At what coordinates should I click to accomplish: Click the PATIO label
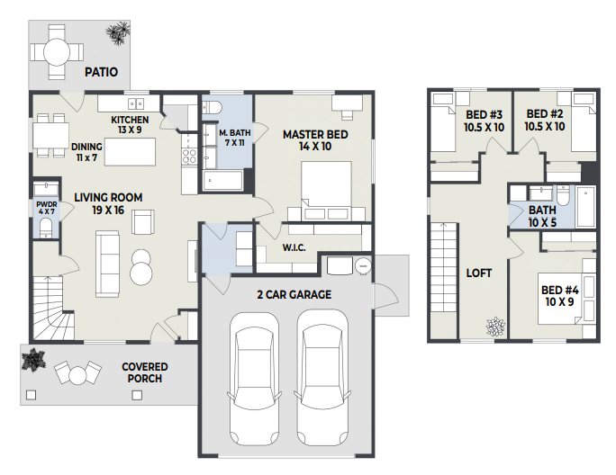click(102, 72)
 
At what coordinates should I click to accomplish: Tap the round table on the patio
click(57, 51)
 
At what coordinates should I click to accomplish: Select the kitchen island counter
click(130, 151)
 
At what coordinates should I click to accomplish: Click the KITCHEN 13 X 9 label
click(130, 124)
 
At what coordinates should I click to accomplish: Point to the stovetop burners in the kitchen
click(189, 156)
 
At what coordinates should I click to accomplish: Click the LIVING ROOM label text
click(108, 197)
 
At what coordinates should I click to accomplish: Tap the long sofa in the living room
click(107, 264)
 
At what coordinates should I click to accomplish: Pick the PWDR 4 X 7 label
click(47, 208)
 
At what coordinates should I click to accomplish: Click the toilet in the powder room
click(46, 229)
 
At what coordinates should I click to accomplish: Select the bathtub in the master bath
click(222, 181)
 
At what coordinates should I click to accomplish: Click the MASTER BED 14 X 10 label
click(315, 140)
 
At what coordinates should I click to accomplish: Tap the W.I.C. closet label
click(294, 247)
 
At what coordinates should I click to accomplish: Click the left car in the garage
click(254, 379)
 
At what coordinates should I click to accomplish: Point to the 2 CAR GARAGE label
click(294, 294)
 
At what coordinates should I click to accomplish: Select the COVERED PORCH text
click(145, 372)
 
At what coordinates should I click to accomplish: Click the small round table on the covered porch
click(77, 375)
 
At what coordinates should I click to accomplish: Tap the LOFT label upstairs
click(479, 273)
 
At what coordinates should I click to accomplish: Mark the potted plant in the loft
click(495, 327)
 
